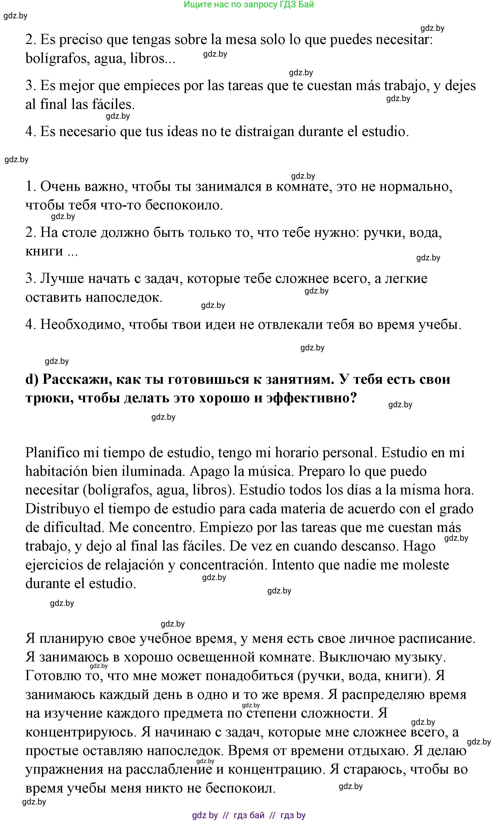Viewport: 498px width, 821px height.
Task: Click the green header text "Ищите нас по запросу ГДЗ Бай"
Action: coord(248,5)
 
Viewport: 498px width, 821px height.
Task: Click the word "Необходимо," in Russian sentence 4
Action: coord(82,324)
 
